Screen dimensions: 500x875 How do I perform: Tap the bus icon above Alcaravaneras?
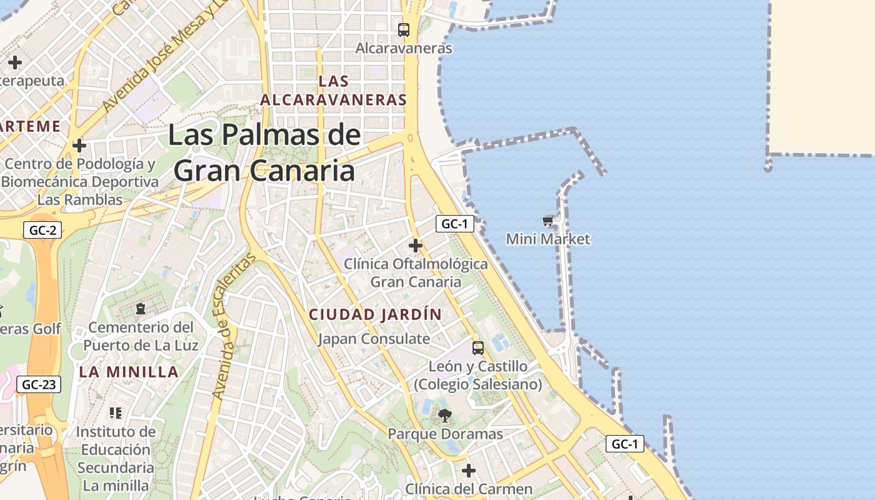click(x=404, y=29)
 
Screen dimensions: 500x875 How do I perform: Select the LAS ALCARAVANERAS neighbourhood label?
click(x=333, y=91)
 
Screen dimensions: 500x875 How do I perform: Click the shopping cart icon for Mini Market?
click(x=548, y=221)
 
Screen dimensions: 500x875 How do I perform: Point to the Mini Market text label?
click(x=548, y=239)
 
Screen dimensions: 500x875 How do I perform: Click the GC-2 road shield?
click(x=43, y=230)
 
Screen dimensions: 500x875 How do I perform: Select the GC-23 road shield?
click(x=39, y=384)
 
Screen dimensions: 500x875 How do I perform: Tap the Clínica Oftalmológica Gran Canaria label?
click(x=416, y=272)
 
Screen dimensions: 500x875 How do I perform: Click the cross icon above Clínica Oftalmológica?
click(x=416, y=246)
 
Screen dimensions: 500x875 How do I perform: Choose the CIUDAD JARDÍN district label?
click(x=376, y=314)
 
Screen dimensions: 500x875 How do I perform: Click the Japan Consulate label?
click(x=374, y=339)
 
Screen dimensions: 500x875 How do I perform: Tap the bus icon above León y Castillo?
click(x=478, y=347)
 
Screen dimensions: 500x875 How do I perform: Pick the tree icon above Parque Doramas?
click(x=445, y=416)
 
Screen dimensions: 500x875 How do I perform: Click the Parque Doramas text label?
click(x=445, y=434)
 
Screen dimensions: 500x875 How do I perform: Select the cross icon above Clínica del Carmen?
click(x=469, y=470)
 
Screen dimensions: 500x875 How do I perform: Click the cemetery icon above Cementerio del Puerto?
click(x=141, y=309)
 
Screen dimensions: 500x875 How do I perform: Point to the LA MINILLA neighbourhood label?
click(x=129, y=372)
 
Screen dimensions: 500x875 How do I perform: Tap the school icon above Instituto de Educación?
click(x=116, y=412)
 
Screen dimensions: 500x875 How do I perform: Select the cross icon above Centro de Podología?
click(x=79, y=146)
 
